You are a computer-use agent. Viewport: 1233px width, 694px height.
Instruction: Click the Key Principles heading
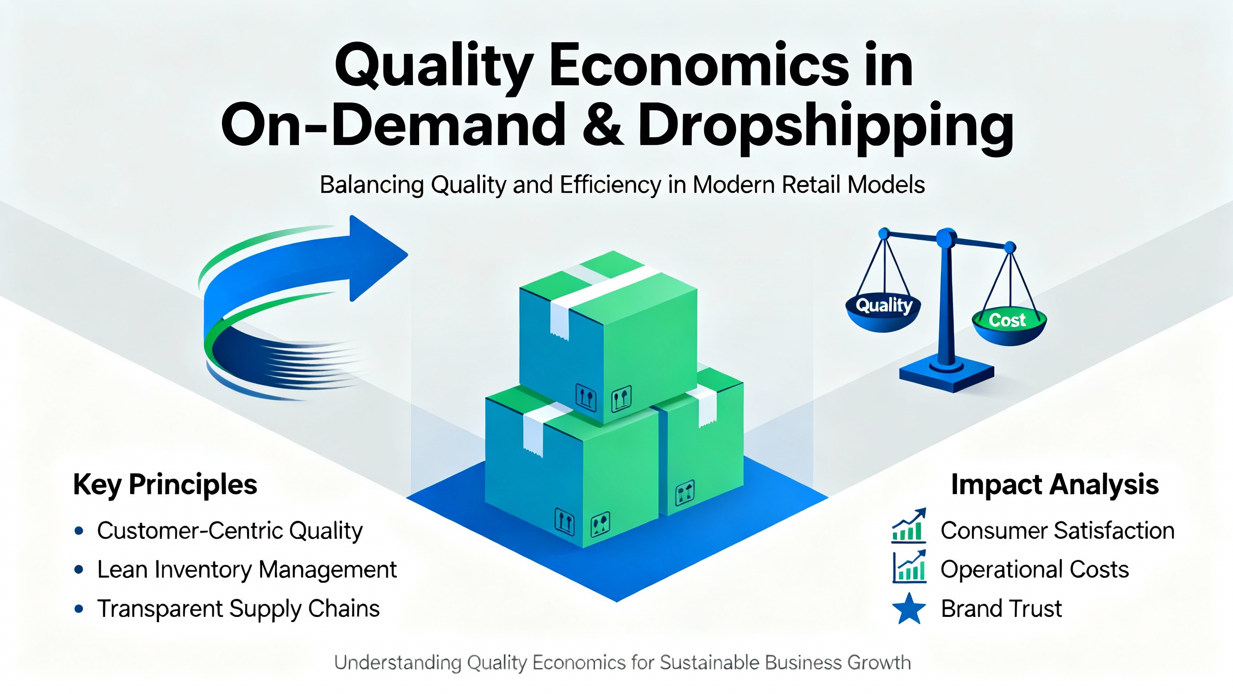point(165,485)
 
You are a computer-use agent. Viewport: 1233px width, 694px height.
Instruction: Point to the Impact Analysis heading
point(1055,484)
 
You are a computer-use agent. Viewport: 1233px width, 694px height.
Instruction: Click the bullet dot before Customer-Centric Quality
point(79,531)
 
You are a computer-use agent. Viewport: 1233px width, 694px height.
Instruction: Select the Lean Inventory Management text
point(247,570)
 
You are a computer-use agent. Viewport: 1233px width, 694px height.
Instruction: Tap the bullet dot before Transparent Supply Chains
point(79,609)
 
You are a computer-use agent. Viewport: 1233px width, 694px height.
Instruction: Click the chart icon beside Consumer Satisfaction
point(909,526)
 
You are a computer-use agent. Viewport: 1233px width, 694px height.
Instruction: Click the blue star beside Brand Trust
point(909,608)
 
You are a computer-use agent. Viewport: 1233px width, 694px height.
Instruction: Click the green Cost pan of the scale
point(1009,326)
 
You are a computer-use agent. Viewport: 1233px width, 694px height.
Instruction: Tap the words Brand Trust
point(1001,609)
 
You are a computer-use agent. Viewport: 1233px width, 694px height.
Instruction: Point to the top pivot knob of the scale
point(946,238)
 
